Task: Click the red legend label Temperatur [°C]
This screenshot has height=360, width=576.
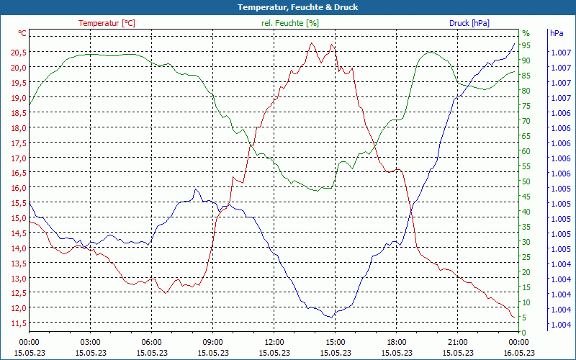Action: click(107, 23)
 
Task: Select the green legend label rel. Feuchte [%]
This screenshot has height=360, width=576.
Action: click(289, 23)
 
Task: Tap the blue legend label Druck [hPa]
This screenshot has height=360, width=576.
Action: click(469, 23)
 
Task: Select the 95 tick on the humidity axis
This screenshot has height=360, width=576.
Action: click(526, 45)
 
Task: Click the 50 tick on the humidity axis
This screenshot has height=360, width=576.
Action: click(526, 181)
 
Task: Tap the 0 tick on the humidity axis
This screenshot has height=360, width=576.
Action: click(524, 333)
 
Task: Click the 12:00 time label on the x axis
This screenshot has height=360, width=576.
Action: click(274, 343)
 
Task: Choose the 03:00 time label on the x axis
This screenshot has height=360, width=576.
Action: click(90, 343)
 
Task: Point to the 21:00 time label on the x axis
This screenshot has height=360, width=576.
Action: click(458, 343)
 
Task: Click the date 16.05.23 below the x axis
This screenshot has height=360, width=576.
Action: click(519, 353)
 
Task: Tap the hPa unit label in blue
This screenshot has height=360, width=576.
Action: click(557, 33)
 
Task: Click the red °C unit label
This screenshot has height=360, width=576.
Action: click(22, 33)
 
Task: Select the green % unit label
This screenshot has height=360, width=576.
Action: click(526, 33)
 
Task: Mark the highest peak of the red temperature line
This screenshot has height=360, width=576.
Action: click(312, 43)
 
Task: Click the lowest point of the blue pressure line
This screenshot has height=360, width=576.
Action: click(331, 317)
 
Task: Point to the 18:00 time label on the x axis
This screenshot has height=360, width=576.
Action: click(397, 343)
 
